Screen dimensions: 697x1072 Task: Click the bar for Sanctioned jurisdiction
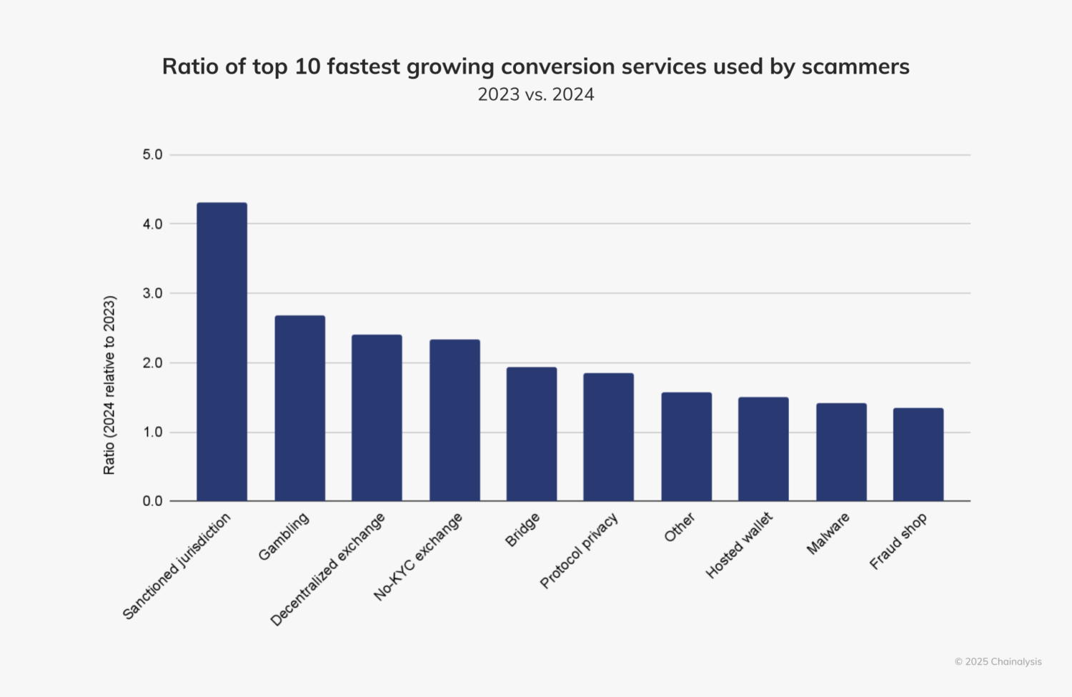click(x=222, y=352)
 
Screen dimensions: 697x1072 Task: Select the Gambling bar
click(x=299, y=408)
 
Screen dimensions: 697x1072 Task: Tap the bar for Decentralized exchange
click(x=377, y=417)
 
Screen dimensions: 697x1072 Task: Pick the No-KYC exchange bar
click(x=455, y=420)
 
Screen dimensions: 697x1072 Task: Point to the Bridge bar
click(x=531, y=434)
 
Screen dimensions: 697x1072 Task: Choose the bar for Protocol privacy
click(x=608, y=437)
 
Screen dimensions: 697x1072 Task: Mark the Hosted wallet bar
click(x=763, y=449)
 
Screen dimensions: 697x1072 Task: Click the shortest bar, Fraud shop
click(x=918, y=455)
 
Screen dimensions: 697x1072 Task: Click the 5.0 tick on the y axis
click(x=152, y=154)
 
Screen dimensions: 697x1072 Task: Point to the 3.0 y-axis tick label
click(x=152, y=293)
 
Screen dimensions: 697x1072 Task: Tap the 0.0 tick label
click(x=152, y=501)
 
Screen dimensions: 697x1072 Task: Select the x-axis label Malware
click(x=828, y=534)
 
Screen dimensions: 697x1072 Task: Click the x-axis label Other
click(x=679, y=528)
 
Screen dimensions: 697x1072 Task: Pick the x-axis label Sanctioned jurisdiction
click(x=177, y=566)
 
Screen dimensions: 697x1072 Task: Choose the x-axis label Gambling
click(x=284, y=537)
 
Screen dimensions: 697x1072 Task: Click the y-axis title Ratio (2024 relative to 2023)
click(x=109, y=385)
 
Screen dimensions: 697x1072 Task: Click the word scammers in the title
click(x=855, y=66)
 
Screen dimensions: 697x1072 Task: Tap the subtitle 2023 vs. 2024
click(x=536, y=94)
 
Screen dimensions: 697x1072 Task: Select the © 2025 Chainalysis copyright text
click(x=998, y=661)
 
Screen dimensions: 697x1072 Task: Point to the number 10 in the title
click(x=307, y=66)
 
